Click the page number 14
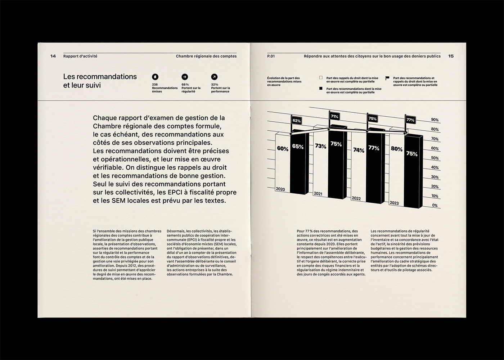point(53,56)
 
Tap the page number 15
point(451,56)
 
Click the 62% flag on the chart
point(297,121)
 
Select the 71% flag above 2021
point(334,117)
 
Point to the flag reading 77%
point(410,120)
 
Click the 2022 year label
point(356,198)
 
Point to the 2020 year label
point(280,189)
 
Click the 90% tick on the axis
point(435,120)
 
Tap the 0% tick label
point(435,206)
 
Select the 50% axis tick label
point(435,158)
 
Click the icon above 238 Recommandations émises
point(155,77)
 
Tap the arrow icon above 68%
point(185,77)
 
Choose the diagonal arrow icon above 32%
point(214,77)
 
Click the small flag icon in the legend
point(387,78)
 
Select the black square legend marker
point(321,89)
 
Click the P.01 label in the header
point(271,56)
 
